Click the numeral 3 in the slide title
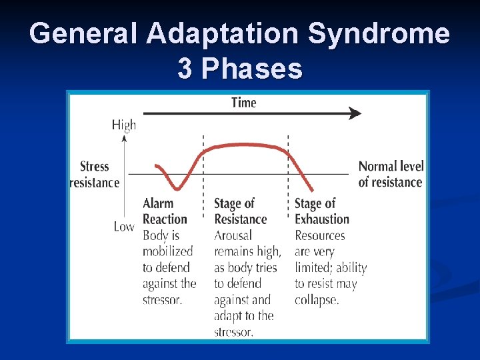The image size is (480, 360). point(185,68)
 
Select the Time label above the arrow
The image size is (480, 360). point(243,102)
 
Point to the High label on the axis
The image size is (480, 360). point(123,125)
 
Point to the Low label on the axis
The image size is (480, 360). point(123,227)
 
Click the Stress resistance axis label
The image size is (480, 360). point(95,174)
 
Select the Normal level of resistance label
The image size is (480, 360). point(390,174)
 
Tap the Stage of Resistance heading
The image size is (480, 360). point(240,211)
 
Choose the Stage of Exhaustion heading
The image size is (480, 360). point(321,211)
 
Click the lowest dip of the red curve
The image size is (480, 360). point(176,189)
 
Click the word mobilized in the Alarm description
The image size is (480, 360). point(167,251)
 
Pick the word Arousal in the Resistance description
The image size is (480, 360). point(233,235)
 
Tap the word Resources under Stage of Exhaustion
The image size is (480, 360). point(320,235)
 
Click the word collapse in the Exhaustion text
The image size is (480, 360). point(317,299)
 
